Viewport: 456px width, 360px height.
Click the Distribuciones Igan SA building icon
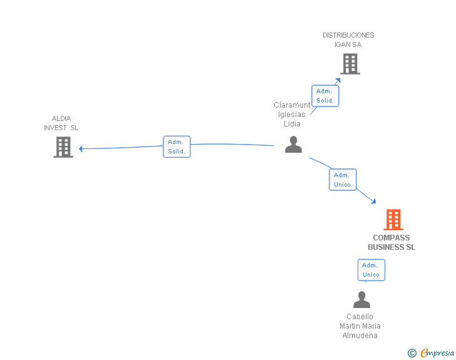pyautogui.click(x=350, y=64)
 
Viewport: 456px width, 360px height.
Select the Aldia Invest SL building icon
pyautogui.click(x=63, y=147)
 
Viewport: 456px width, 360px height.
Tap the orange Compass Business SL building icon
pyautogui.click(x=393, y=220)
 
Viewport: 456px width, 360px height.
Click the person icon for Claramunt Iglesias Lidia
pyautogui.click(x=293, y=145)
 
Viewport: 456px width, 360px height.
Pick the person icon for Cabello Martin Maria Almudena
pyautogui.click(x=361, y=300)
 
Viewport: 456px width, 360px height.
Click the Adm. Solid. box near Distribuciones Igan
pyautogui.click(x=325, y=96)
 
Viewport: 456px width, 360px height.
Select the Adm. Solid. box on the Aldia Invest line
pyautogui.click(x=176, y=147)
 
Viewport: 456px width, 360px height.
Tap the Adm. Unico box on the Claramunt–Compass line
pyautogui.click(x=343, y=180)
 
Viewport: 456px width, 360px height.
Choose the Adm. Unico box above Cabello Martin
pyautogui.click(x=371, y=270)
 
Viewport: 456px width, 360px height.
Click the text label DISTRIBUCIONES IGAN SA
pyautogui.click(x=348, y=39)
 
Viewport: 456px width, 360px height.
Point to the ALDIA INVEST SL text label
pyautogui.click(x=61, y=123)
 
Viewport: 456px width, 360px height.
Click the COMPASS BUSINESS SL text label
pyautogui.click(x=391, y=242)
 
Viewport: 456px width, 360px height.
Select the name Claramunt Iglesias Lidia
pyautogui.click(x=292, y=114)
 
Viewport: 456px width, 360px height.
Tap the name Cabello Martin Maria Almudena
pyautogui.click(x=360, y=326)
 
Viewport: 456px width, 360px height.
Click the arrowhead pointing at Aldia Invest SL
pyautogui.click(x=81, y=148)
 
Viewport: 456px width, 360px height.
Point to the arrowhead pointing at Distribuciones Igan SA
pyautogui.click(x=338, y=80)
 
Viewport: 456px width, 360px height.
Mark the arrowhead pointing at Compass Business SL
pyautogui.click(x=373, y=201)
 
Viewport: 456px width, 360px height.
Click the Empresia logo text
pyautogui.click(x=437, y=353)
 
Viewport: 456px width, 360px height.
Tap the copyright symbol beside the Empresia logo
pyautogui.click(x=412, y=353)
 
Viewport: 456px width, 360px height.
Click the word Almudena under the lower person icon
pyautogui.click(x=360, y=335)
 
